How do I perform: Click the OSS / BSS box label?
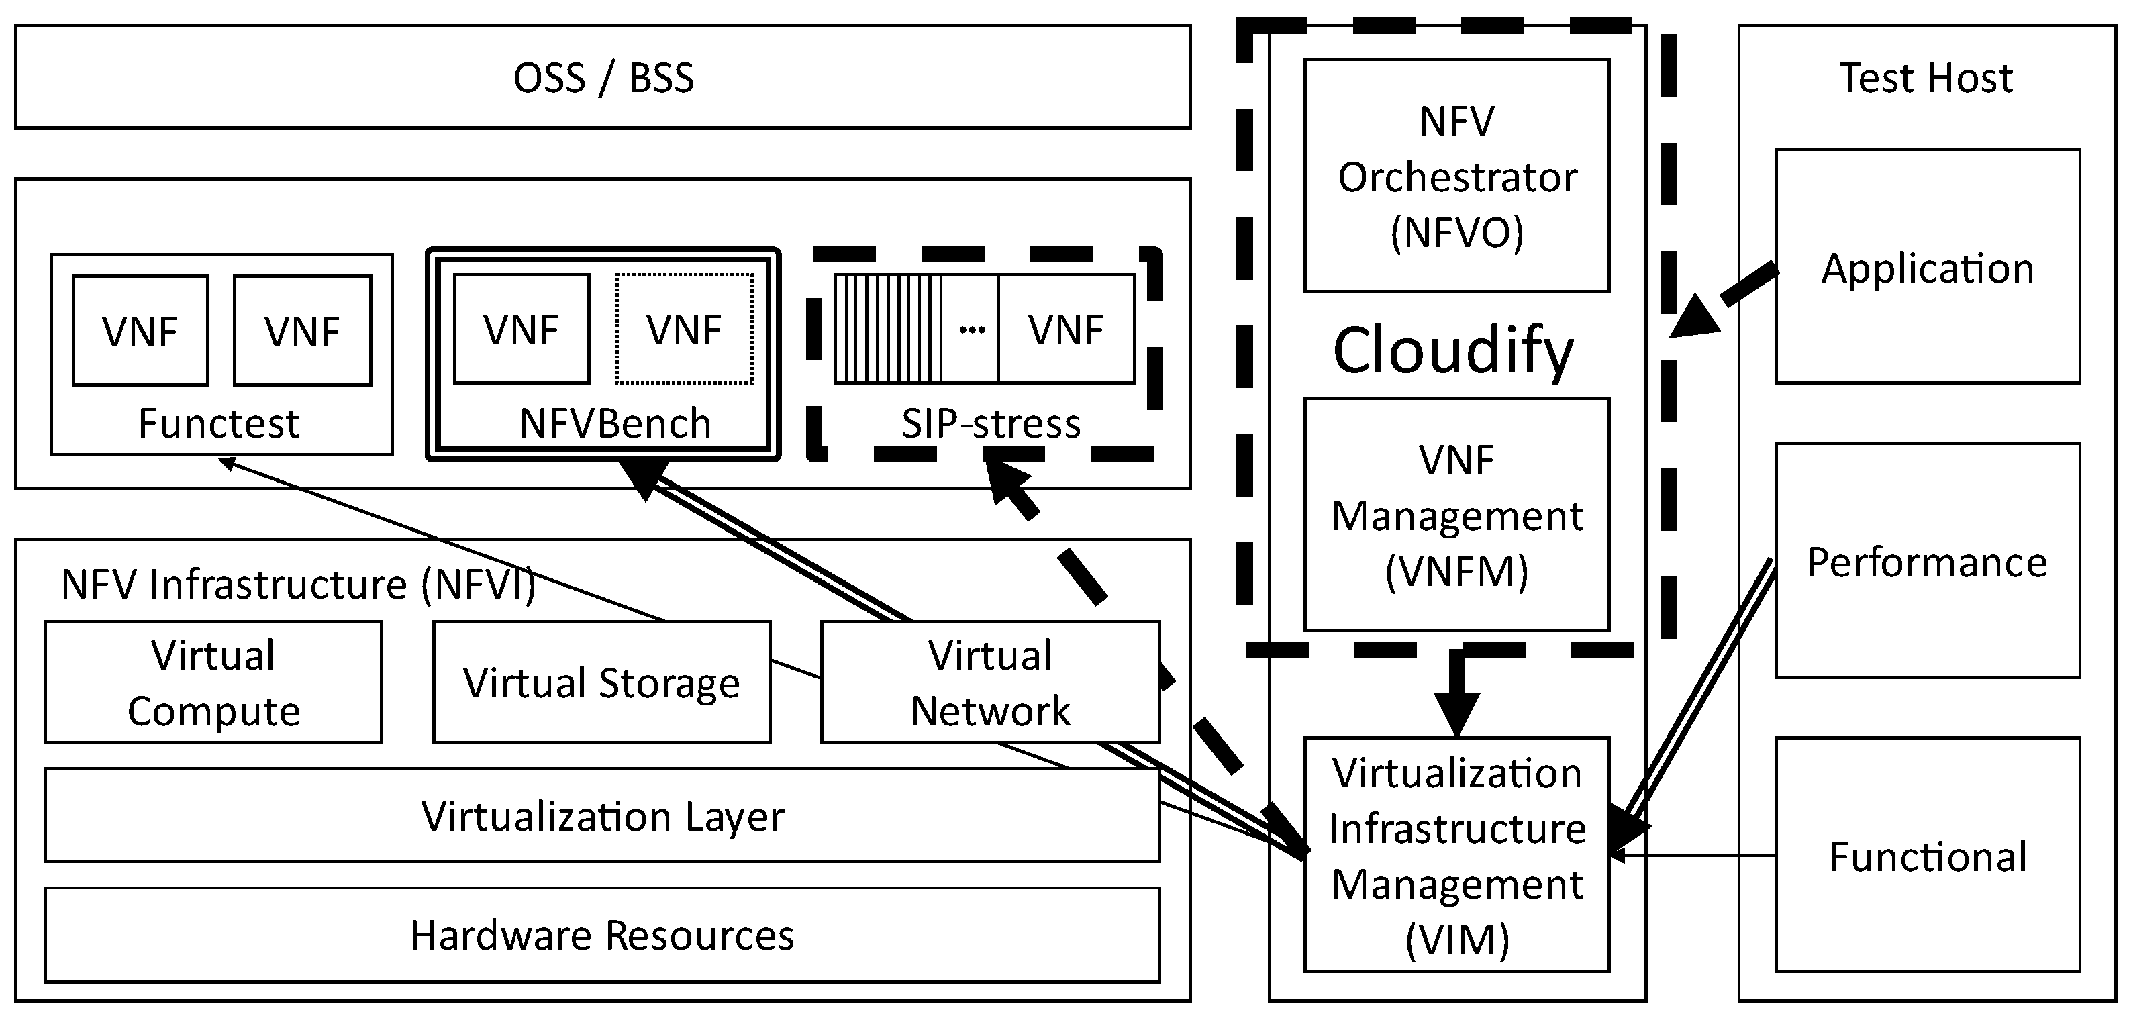coord(603,78)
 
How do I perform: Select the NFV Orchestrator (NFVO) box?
coord(1456,176)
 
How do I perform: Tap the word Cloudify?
coord(1453,350)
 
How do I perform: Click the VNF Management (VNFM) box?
coord(1456,515)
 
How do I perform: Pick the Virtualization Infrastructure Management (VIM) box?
coord(1456,855)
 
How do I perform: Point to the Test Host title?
coord(1925,78)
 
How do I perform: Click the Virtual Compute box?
coord(213,682)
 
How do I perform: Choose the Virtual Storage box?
coord(601,682)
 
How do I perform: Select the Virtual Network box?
coord(990,682)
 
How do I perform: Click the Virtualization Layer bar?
coord(601,815)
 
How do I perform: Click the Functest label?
coord(218,423)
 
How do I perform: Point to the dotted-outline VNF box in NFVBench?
coord(683,329)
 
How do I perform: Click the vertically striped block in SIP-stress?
coord(887,329)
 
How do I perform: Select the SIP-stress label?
coord(990,423)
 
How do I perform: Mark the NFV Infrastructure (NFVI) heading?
coord(297,584)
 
